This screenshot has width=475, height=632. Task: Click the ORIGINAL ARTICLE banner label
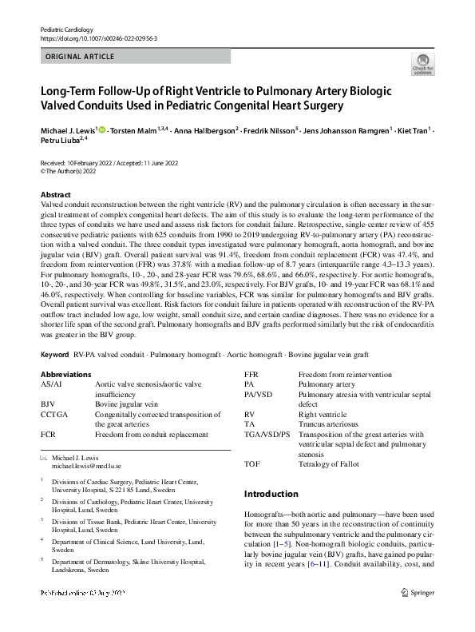(81, 57)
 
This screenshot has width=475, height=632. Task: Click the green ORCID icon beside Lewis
(102, 128)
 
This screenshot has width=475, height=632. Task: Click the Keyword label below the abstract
(53, 353)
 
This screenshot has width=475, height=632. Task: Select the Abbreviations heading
(65, 374)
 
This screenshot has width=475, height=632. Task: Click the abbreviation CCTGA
(54, 415)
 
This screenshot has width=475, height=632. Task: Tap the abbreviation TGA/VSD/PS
(267, 435)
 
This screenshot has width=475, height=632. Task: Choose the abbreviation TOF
(252, 464)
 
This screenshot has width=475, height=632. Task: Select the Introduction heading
(271, 494)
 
